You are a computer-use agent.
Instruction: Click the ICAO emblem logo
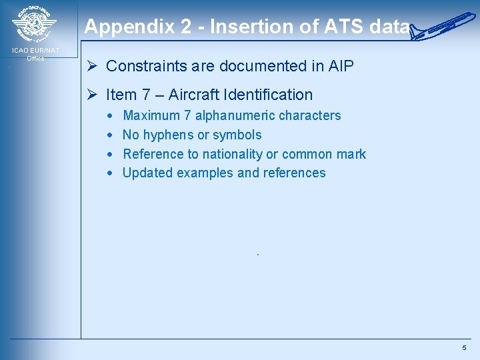35,25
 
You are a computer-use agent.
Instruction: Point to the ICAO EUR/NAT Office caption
36,54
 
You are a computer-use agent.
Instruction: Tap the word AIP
341,66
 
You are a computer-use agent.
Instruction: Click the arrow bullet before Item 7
94,95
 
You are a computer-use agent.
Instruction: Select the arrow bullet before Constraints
94,66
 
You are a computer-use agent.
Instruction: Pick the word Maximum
151,115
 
